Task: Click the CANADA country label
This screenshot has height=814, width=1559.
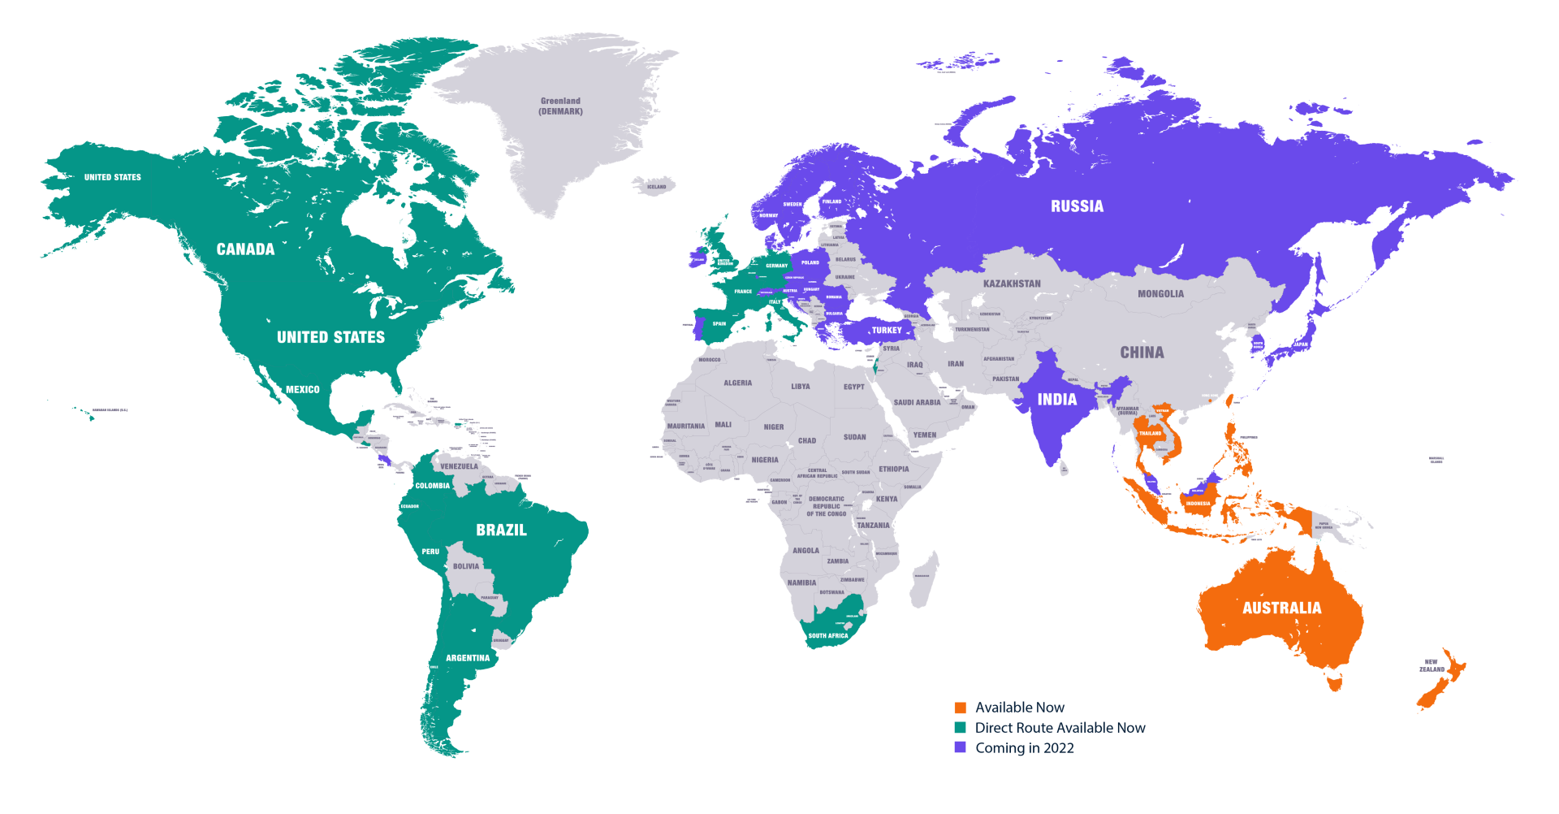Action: [x=245, y=249]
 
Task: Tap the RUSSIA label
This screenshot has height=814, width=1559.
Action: [x=1077, y=206]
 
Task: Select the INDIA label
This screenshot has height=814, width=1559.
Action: [x=1056, y=400]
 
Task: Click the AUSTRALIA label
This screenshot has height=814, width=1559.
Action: [x=1281, y=608]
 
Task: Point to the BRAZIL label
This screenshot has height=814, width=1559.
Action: [x=501, y=530]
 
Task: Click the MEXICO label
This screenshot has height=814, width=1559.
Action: [x=302, y=390]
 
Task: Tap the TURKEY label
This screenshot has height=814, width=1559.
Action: [x=887, y=331]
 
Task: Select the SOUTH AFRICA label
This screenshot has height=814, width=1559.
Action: [x=827, y=636]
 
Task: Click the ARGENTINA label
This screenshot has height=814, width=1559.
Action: [x=468, y=658]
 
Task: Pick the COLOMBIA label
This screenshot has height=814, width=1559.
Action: [x=432, y=486]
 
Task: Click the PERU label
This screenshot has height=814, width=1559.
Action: [x=430, y=552]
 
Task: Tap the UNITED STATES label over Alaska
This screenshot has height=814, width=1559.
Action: [x=112, y=177]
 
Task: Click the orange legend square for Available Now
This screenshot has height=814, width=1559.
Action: [x=960, y=708]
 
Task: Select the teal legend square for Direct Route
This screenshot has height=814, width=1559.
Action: [x=960, y=728]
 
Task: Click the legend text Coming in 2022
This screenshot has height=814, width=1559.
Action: [x=1024, y=748]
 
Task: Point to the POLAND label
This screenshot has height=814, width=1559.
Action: [x=810, y=262]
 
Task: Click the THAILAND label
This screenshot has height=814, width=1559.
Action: [x=1150, y=433]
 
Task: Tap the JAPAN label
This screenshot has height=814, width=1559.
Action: [x=1301, y=344]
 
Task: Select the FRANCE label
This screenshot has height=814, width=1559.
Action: [x=743, y=292]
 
